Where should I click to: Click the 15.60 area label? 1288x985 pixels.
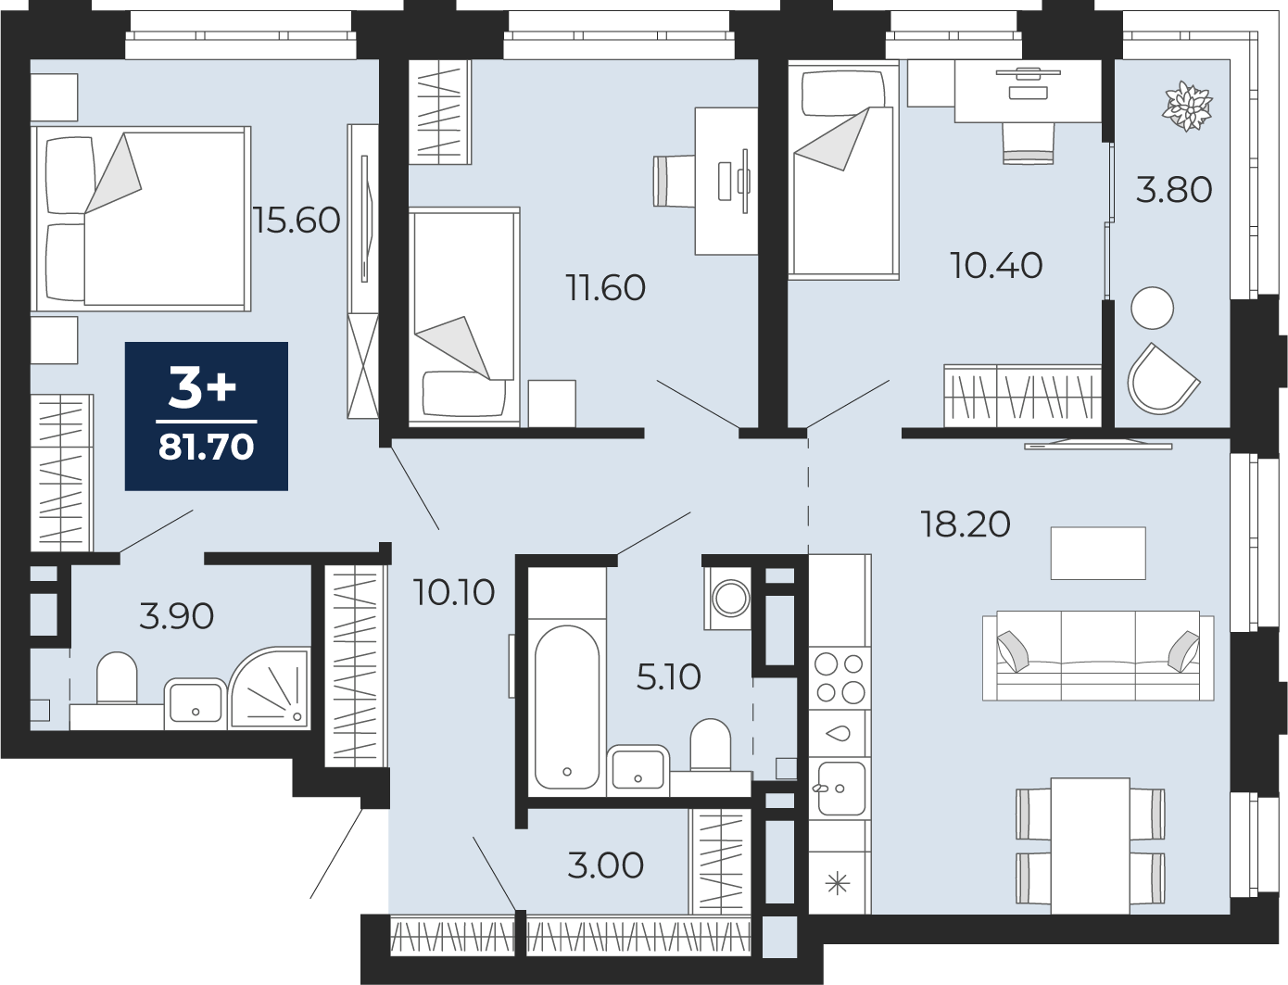click(297, 221)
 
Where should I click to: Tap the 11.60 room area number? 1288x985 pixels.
click(606, 287)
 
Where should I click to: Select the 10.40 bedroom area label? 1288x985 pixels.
click(996, 265)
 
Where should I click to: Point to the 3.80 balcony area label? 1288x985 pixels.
click(1174, 189)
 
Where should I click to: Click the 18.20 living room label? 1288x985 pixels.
click(966, 524)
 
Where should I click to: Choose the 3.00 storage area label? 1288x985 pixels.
click(606, 865)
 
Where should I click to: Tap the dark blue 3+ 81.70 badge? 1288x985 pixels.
click(207, 416)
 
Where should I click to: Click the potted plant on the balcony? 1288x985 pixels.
click(1188, 107)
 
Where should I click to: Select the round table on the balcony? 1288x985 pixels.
click(1153, 308)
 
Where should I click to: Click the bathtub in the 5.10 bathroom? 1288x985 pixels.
click(567, 706)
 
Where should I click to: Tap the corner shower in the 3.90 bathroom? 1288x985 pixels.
click(270, 688)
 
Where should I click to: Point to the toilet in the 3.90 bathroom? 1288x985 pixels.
click(117, 677)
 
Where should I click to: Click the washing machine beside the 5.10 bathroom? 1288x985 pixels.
click(729, 599)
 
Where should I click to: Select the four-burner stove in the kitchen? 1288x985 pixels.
click(840, 677)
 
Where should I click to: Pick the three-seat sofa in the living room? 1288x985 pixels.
click(1098, 655)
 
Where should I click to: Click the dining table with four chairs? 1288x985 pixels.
click(1091, 845)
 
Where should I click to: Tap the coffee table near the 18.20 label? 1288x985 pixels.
click(1098, 553)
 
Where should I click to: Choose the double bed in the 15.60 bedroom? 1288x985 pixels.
click(141, 219)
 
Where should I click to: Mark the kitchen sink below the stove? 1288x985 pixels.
click(841, 789)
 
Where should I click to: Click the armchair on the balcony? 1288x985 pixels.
click(1164, 379)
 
